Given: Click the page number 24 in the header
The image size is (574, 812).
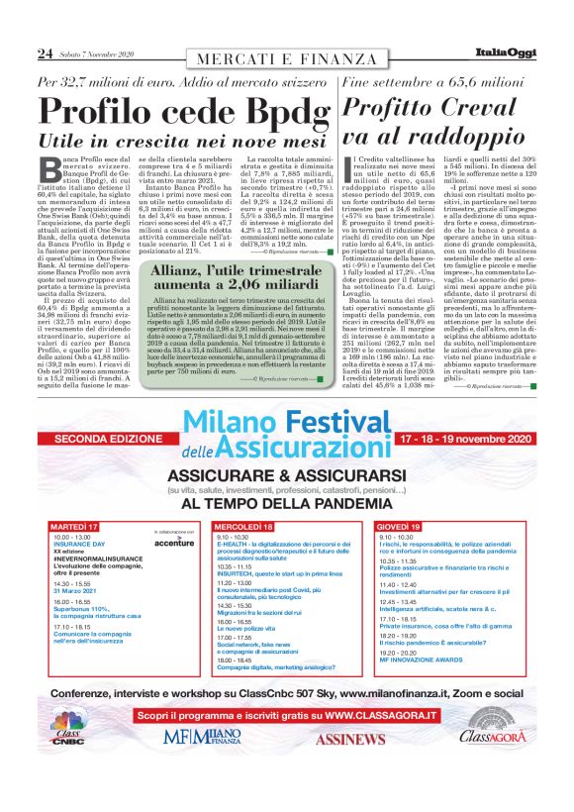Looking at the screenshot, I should pyautogui.click(x=44, y=52).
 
